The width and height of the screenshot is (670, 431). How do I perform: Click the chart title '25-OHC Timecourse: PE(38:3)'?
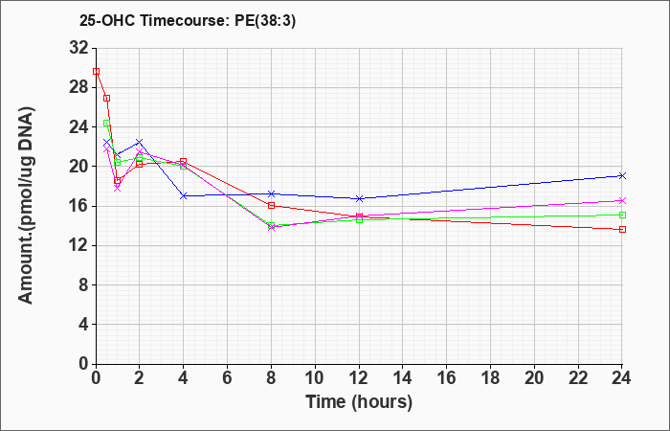point(188,21)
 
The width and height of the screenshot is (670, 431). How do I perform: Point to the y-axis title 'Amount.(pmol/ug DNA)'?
point(26,205)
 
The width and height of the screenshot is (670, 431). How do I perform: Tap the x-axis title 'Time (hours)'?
point(359,402)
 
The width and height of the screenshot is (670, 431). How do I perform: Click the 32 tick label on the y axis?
point(79,48)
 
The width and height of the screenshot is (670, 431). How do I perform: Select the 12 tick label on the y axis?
point(79,245)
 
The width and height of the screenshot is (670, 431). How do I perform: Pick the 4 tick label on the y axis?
point(84,324)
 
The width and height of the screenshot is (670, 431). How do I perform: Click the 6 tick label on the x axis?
point(228,378)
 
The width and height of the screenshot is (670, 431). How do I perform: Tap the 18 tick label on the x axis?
point(490,378)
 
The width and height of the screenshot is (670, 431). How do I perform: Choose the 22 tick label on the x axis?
point(578,378)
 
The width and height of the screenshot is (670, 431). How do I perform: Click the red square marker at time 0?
point(96,72)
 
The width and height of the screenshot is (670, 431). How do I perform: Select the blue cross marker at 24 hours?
point(622,175)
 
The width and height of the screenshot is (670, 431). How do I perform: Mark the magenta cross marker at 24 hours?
point(622,200)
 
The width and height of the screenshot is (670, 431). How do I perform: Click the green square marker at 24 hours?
point(622,215)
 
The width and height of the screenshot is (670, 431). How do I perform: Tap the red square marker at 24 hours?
point(622,230)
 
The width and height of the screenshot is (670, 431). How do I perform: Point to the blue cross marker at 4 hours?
point(184,195)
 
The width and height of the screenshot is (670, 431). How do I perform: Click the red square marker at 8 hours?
point(271,206)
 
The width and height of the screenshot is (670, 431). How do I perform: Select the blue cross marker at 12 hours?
point(359,198)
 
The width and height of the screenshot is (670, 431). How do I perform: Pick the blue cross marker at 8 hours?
point(271,193)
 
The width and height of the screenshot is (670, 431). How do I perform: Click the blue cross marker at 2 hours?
point(140,142)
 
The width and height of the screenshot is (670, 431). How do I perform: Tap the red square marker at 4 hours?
point(184,161)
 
